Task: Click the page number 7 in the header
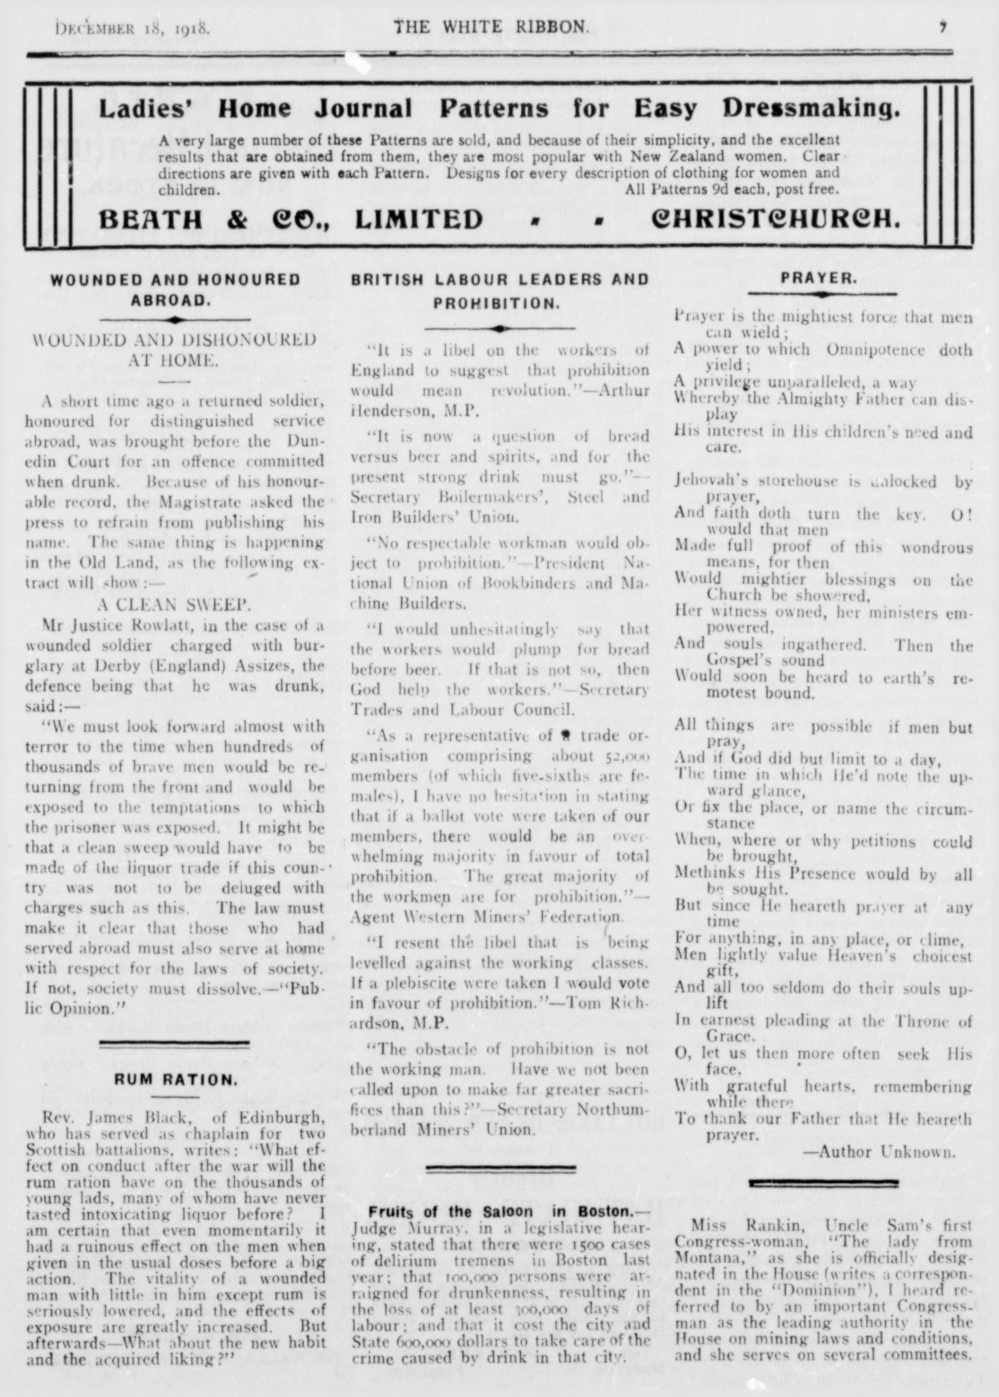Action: [x=943, y=27]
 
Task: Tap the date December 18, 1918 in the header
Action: [x=133, y=28]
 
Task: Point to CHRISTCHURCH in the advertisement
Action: [x=776, y=219]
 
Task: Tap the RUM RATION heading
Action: [x=174, y=1080]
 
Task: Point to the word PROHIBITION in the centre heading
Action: [x=499, y=302]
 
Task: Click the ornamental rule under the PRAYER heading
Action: [x=822, y=294]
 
